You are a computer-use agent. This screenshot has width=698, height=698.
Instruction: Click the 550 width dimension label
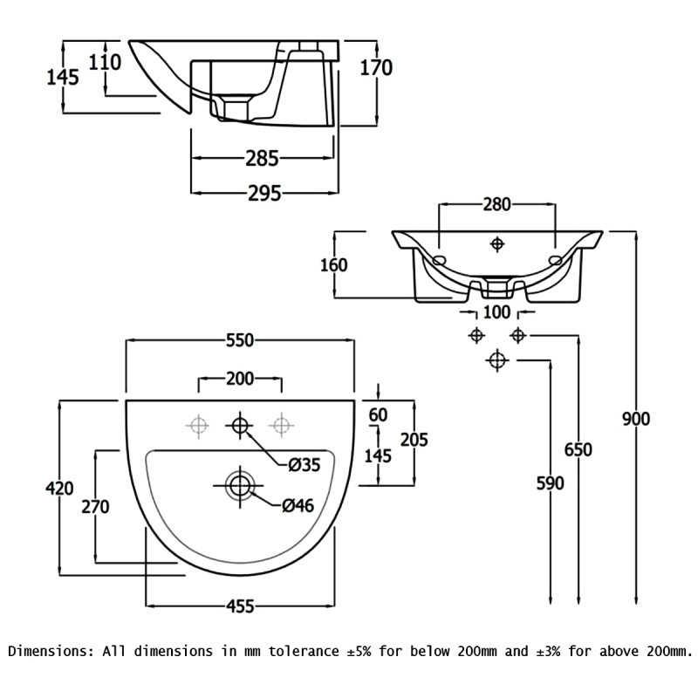coord(240,340)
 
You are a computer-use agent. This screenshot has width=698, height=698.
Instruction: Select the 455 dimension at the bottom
coord(241,606)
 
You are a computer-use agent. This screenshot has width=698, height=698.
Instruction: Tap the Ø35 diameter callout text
coord(305,465)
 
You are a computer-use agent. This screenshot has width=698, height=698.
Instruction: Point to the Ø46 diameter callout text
coord(298,505)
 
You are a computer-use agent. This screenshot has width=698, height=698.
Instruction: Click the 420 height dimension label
coord(59,489)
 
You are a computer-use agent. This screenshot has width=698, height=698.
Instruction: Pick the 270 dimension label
coord(95,507)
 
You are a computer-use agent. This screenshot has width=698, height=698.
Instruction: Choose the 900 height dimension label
coord(636,419)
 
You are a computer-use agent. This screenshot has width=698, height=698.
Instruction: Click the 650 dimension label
coord(578,449)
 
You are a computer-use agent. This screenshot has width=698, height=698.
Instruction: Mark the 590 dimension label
coord(551,483)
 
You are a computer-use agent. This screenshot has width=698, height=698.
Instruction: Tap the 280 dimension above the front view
coord(496,204)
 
